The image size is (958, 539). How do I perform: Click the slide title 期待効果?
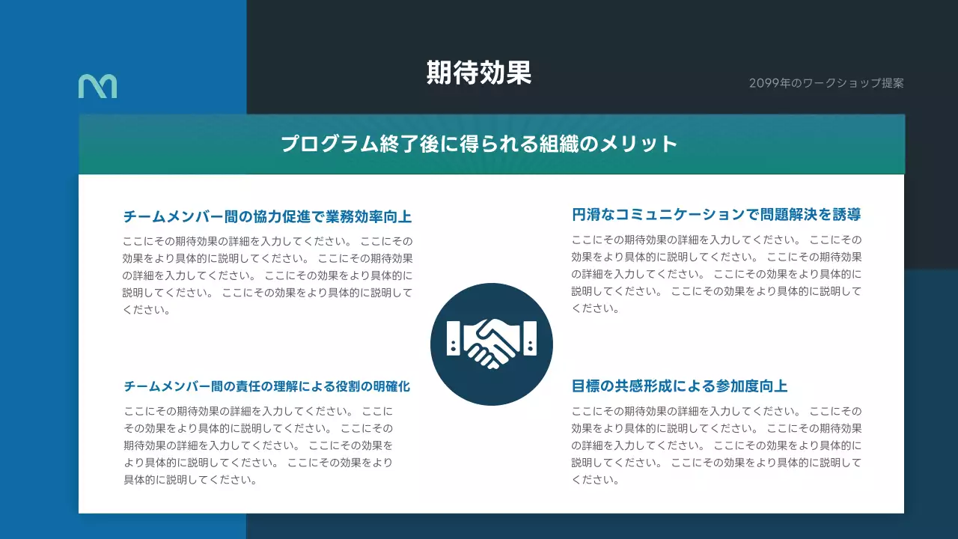coord(479,73)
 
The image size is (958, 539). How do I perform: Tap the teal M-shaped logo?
coord(97,86)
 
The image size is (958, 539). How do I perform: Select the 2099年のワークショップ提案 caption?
coord(826,83)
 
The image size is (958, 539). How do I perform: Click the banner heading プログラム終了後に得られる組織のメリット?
coord(479,144)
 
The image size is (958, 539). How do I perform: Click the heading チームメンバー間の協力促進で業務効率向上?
coord(267,217)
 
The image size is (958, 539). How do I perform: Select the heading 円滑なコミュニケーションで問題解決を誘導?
coord(716,216)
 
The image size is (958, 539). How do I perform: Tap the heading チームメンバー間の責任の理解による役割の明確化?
coord(267,387)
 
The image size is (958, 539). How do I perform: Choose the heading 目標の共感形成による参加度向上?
coord(680,386)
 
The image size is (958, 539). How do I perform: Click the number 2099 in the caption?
coord(762,83)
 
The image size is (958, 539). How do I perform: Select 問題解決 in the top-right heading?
coord(788,216)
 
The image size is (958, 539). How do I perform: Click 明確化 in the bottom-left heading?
coord(392,387)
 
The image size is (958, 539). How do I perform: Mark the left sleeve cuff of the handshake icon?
coord(453,338)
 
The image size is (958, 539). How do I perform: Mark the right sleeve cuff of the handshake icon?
coord(531,338)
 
